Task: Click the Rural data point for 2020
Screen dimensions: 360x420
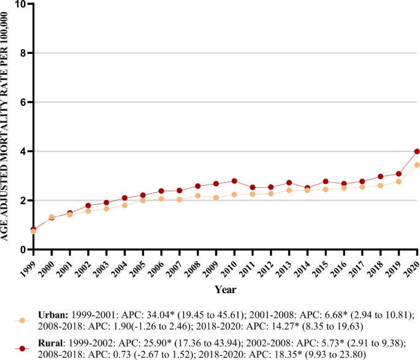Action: [x=417, y=151]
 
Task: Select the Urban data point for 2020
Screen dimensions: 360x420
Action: [x=417, y=165]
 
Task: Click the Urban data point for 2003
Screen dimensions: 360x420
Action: [x=106, y=209]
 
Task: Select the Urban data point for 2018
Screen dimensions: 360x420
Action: [x=380, y=185]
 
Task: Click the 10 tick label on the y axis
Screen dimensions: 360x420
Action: [x=22, y=4]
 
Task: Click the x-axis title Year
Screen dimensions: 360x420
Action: [x=226, y=288]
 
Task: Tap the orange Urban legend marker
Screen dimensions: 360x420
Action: [x=23, y=320]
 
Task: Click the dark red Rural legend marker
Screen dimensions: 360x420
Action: [x=23, y=348]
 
